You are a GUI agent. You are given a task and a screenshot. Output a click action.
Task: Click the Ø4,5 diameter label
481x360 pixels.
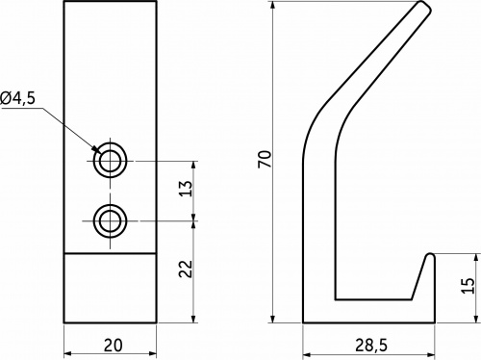(x=17, y=98)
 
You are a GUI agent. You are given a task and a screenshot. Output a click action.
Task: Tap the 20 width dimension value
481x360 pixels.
(x=113, y=346)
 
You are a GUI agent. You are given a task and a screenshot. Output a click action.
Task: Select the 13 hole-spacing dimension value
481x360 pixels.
(x=186, y=189)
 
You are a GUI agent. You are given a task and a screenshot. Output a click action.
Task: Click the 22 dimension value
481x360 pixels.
(x=186, y=269)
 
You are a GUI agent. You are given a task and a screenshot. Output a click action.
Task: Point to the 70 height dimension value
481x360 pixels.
(x=265, y=159)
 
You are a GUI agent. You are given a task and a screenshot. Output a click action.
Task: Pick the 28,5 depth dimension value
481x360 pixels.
(x=371, y=346)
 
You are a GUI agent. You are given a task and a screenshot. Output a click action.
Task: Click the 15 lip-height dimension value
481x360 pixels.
(x=468, y=285)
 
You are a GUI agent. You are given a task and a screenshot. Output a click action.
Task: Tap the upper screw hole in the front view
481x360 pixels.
(x=111, y=161)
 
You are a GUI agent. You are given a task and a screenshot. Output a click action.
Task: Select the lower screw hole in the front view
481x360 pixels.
(x=111, y=220)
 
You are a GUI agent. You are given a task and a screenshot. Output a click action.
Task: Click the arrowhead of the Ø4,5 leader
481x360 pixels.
(x=95, y=149)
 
